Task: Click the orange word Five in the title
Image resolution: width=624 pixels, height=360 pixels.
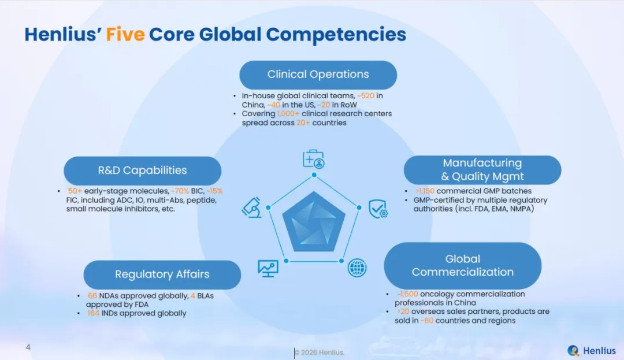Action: tap(125, 34)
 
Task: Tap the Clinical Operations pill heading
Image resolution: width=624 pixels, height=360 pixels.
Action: tap(318, 75)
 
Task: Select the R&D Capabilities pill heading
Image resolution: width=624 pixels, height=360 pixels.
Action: tap(143, 170)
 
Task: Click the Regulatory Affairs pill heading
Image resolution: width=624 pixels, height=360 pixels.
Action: tap(162, 274)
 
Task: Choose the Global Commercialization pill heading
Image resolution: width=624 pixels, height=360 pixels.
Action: tap(462, 265)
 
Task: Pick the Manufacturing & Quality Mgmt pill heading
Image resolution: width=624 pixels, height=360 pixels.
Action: tap(482, 170)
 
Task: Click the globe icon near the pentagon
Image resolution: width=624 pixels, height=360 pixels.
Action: tap(357, 268)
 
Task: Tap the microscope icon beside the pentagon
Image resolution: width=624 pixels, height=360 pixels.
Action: tap(252, 207)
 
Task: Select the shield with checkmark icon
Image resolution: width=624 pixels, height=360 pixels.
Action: tap(378, 209)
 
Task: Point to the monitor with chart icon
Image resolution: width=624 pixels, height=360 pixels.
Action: tap(268, 269)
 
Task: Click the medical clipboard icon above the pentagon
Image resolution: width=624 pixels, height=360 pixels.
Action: tap(314, 159)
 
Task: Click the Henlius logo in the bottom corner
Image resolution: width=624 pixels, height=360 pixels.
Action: tap(592, 350)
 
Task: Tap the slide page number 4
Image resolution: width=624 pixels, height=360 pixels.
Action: tap(28, 347)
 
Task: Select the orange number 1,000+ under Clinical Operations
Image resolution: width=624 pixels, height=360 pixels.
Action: tap(288, 114)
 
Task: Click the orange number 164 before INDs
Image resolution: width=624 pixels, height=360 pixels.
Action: tap(94, 313)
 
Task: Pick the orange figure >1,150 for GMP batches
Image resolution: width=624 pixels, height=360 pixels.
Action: tap(425, 191)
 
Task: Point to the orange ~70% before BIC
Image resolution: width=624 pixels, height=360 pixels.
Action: tap(180, 191)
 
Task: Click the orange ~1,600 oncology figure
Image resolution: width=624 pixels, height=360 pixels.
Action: tap(407, 294)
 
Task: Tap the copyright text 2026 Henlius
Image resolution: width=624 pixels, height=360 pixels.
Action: tap(319, 352)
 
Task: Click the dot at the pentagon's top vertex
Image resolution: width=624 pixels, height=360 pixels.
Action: tap(314, 175)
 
